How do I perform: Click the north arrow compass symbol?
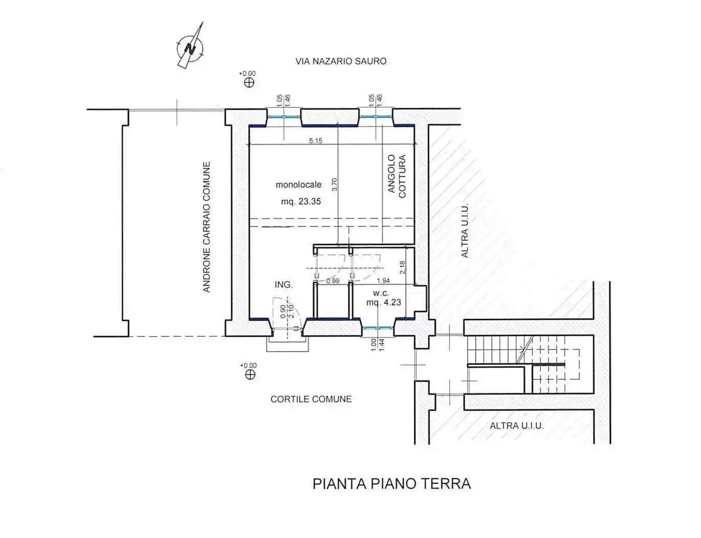click(x=190, y=48)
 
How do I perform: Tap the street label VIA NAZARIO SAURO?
click(x=341, y=61)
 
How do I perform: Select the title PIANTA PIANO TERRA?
click(x=391, y=484)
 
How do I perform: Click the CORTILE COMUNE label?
click(x=311, y=399)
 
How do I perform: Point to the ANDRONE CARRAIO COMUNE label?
click(x=207, y=227)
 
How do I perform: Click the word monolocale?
click(x=299, y=184)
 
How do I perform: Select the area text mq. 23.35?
click(x=301, y=201)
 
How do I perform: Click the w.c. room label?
click(x=381, y=293)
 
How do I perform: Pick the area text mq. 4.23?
click(x=384, y=302)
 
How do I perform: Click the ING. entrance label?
click(x=283, y=284)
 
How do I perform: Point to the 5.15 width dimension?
click(x=316, y=140)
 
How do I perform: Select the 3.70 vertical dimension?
click(x=335, y=184)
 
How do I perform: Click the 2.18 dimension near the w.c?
click(x=402, y=267)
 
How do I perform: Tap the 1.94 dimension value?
click(x=383, y=281)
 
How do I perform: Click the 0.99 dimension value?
click(x=333, y=281)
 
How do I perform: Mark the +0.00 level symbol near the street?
click(x=249, y=82)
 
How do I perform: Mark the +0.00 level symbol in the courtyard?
click(x=250, y=374)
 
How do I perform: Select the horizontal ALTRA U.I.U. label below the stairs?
click(x=516, y=426)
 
